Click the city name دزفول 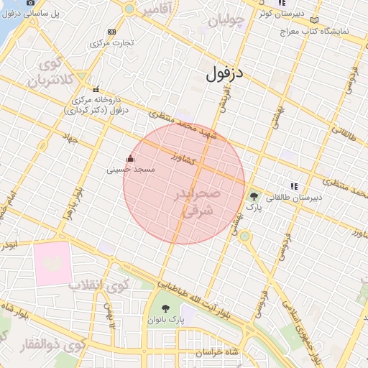click(x=225, y=73)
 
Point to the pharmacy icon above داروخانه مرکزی click(x=96, y=89)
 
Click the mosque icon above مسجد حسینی click(x=129, y=158)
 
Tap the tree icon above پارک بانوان click(x=166, y=309)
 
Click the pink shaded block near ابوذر click(x=52, y=267)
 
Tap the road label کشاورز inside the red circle click(x=184, y=158)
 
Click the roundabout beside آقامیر click(x=129, y=9)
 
